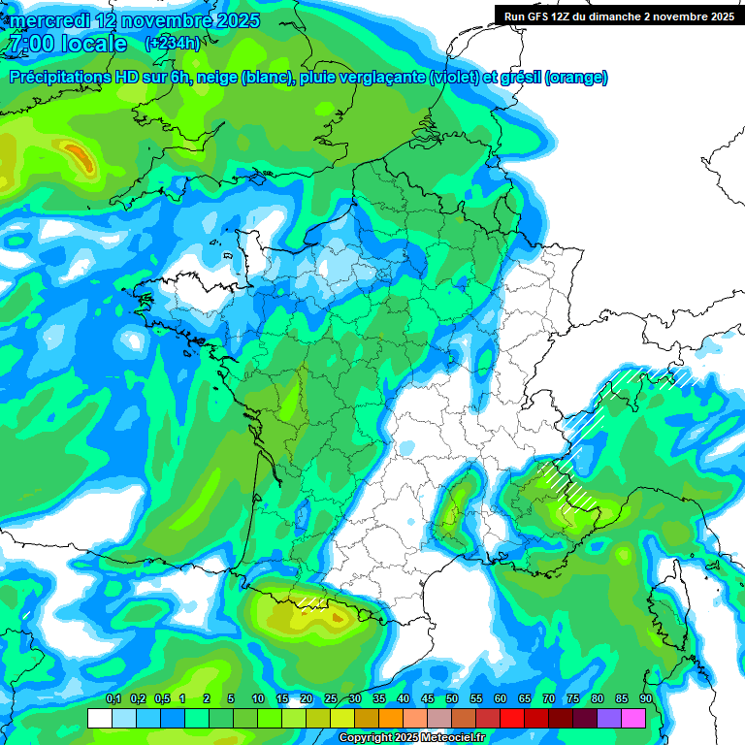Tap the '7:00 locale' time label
66,44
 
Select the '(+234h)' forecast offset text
173,44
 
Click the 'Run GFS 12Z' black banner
619,16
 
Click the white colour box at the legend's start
99,718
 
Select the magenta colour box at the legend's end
633,718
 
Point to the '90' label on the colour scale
645,698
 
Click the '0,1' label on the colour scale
113,698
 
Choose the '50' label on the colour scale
451,698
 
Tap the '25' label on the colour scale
330,698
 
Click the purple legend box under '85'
609,718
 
